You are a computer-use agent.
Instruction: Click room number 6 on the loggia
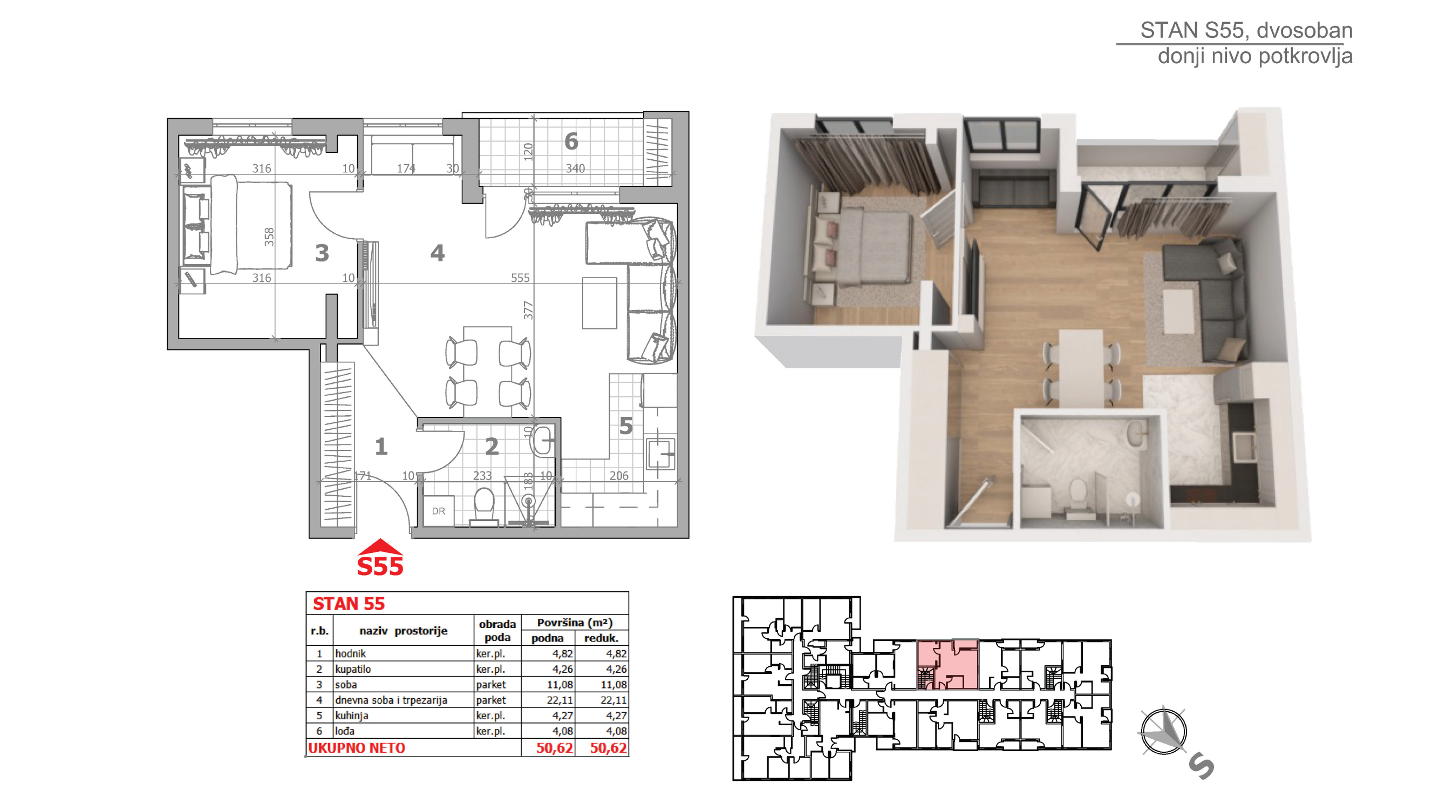[571, 141]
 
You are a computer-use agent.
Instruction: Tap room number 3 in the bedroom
[322, 253]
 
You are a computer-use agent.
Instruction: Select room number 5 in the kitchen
[626, 427]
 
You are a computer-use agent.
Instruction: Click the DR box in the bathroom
[439, 511]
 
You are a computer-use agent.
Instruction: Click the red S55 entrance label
[380, 567]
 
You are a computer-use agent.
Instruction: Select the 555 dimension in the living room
[520, 278]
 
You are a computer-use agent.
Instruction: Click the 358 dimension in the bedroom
[269, 237]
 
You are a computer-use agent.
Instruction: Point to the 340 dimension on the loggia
[575, 168]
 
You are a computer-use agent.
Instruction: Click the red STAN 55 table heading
[349, 604]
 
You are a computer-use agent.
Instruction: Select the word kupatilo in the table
[353, 669]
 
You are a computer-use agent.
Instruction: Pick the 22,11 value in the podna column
[560, 700]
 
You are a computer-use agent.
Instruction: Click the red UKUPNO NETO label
[357, 748]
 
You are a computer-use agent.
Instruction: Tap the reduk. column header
[601, 638]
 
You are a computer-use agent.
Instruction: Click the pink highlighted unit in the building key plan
[947, 665]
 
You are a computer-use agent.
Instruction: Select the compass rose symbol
[1163, 731]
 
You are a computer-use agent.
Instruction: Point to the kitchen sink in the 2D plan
[661, 454]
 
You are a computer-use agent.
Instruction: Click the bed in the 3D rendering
[860, 246]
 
